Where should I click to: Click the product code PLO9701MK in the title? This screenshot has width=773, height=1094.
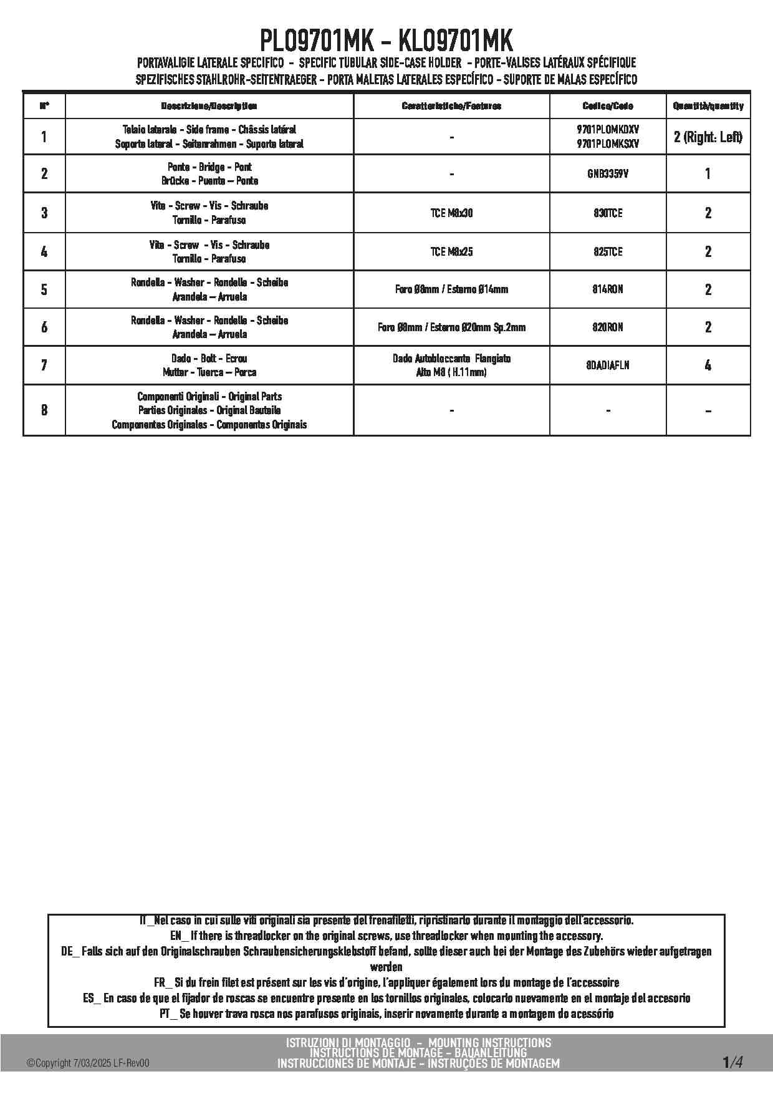317,42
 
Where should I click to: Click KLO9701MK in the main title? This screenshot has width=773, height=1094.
455,42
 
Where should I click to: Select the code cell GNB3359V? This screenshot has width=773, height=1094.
608,174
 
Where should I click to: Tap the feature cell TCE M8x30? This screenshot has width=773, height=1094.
451,213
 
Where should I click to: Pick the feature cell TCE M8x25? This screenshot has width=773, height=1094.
451,252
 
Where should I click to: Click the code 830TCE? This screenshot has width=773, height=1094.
608,213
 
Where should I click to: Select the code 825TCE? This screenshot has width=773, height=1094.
608,252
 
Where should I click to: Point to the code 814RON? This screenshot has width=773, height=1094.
608,289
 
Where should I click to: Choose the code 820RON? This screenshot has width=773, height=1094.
608,327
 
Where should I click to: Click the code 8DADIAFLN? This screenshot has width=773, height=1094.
608,365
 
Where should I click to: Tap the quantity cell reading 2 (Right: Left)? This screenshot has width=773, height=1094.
708,137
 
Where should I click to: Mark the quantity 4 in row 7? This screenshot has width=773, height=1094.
708,365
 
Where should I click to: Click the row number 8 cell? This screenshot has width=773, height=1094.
44,410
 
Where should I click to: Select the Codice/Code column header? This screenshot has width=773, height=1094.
608,106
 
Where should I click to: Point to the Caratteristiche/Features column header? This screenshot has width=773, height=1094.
451,106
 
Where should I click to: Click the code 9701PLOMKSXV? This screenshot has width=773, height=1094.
608,144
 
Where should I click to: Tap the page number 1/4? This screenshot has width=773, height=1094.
732,1062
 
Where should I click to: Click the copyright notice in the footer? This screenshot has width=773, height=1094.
88,1063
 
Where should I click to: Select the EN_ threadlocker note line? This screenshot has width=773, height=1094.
386,936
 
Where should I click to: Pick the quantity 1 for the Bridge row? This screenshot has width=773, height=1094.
708,174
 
